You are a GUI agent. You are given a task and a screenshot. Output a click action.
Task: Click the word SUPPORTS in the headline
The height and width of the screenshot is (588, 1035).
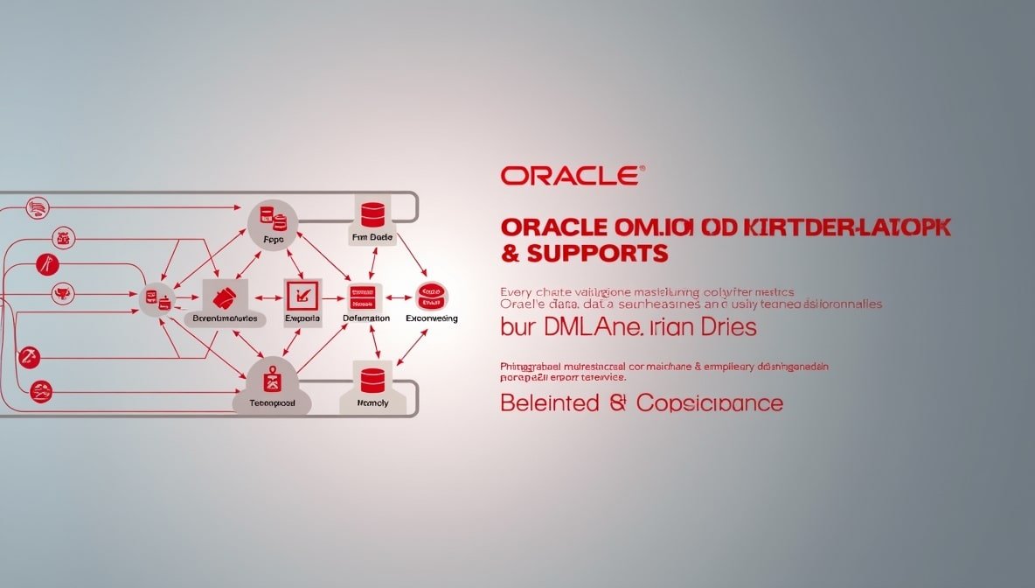(594, 254)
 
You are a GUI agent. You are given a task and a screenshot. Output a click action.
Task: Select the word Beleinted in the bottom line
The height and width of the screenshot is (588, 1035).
(549, 403)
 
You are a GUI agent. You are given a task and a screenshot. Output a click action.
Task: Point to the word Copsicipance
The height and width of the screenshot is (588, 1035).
(710, 403)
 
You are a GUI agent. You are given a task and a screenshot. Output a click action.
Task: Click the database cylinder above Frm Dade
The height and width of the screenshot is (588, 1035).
(372, 213)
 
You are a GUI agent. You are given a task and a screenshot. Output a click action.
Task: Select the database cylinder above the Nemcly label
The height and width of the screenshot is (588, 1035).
(373, 379)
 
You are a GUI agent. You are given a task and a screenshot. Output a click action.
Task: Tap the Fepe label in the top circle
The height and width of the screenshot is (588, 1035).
(273, 237)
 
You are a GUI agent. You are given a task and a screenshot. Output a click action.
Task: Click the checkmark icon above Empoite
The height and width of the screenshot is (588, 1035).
(303, 295)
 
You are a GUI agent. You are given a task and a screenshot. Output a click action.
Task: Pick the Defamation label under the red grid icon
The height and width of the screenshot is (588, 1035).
(366, 318)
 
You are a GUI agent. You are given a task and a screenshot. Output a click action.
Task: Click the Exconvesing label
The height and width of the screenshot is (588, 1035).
(432, 318)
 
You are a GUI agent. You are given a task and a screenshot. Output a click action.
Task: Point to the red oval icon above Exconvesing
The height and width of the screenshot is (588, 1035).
(431, 295)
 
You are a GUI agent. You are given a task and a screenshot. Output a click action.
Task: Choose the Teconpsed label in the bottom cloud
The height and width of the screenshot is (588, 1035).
(273, 403)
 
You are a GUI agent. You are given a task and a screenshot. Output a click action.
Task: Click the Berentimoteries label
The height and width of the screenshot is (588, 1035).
(225, 318)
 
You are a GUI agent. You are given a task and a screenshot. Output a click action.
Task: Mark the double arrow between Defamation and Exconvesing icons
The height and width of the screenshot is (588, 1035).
(399, 297)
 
